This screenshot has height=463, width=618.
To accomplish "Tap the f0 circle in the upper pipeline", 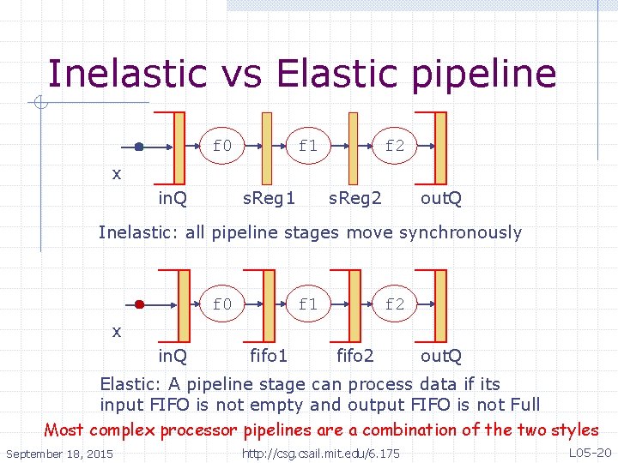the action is (x=222, y=146).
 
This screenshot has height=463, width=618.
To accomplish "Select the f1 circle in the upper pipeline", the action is (x=308, y=146).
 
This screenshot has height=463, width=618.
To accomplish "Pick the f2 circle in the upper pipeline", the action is (x=394, y=146).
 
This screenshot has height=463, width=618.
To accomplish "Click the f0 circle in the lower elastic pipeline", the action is (x=222, y=304).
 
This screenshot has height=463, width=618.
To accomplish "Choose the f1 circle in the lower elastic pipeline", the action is (x=308, y=304).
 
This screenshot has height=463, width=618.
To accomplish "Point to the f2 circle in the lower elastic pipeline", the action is (x=394, y=304).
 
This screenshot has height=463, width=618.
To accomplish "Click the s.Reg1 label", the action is (x=269, y=199).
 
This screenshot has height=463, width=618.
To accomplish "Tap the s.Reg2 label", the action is (x=355, y=199).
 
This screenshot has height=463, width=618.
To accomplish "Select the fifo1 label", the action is (x=268, y=356).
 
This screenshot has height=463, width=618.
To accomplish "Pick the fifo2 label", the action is (x=354, y=356).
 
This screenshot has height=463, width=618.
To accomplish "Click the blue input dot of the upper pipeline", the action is (x=139, y=147).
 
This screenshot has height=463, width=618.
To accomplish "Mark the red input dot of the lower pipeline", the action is (x=139, y=304).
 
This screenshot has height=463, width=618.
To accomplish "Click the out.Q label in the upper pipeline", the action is (x=441, y=199).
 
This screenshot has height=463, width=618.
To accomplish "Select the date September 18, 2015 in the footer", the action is (x=59, y=453).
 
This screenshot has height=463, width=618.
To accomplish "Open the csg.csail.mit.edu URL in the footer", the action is (x=321, y=453).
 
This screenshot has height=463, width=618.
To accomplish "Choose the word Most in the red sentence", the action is (x=64, y=430).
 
